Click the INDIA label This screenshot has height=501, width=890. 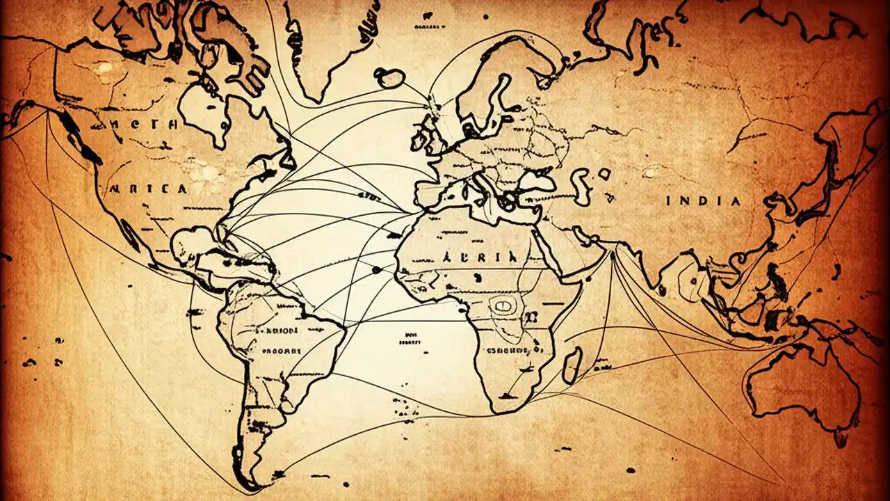coord(703,201)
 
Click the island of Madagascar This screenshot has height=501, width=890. coord(572,365)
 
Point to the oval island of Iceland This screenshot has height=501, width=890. coord(390,78)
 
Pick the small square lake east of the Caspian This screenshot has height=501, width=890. coord(604,174)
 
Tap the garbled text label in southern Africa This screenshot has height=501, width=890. coord(515,349)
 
